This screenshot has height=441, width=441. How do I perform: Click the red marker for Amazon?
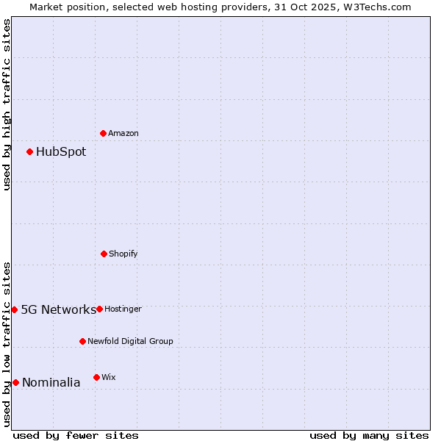[x=104, y=133]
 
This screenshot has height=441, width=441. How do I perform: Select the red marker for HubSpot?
[x=30, y=151]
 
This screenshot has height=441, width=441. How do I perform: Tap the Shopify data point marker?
[x=104, y=254]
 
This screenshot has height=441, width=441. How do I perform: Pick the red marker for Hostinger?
[x=99, y=309]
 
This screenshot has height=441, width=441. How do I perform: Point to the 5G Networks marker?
[x=14, y=309]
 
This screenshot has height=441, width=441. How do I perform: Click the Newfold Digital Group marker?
[x=82, y=341]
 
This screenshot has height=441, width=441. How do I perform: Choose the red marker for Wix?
[x=96, y=377]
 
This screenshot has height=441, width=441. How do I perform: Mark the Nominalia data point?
[x=15, y=382]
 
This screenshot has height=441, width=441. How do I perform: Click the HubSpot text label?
[x=61, y=152]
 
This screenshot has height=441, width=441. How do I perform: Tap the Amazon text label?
[x=123, y=134]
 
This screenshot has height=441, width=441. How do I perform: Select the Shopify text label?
[x=123, y=254]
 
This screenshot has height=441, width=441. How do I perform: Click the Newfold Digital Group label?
[x=131, y=342]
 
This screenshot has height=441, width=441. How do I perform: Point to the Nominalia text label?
[x=51, y=382]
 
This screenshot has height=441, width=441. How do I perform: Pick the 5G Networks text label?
[x=58, y=309]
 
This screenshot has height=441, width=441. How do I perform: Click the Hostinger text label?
[x=123, y=309]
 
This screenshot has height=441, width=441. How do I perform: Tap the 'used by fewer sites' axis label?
[x=76, y=435]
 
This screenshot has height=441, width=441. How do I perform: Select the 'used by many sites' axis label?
[x=369, y=435]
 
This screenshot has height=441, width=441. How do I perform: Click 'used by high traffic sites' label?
[x=7, y=104]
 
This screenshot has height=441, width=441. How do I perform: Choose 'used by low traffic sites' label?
[x=7, y=343]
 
